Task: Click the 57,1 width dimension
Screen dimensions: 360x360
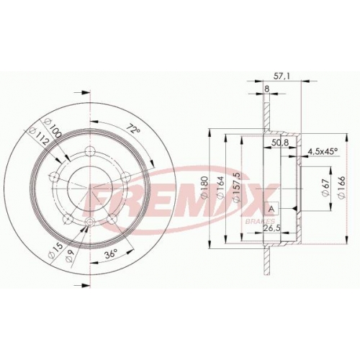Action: [x=279, y=76]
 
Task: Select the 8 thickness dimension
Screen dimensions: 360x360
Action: [x=266, y=89]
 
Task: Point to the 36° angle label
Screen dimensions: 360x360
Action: [x=111, y=254]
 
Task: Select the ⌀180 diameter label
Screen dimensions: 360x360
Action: [x=204, y=187]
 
